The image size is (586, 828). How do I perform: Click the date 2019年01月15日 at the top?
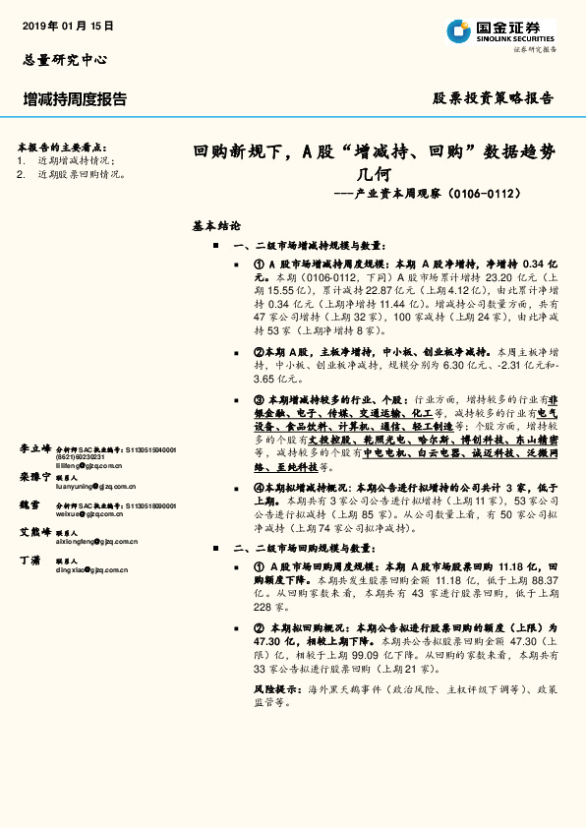[68, 26]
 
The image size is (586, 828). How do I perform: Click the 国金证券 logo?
[500, 31]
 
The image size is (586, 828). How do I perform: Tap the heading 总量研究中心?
[64, 60]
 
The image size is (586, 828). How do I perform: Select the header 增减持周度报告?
[75, 99]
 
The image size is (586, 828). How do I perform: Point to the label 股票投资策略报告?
[494, 98]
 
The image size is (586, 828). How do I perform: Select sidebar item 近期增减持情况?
[76, 160]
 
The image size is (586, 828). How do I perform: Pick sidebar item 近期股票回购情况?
[81, 174]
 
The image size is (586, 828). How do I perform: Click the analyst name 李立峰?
[34, 448]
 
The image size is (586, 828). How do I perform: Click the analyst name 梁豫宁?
[34, 477]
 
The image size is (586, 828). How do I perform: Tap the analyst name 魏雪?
[29, 504]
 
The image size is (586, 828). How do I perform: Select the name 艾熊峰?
[34, 532]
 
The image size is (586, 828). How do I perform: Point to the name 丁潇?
[29, 560]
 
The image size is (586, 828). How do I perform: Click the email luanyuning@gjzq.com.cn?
[95, 486]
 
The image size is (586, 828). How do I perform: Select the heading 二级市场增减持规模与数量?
[321, 246]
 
